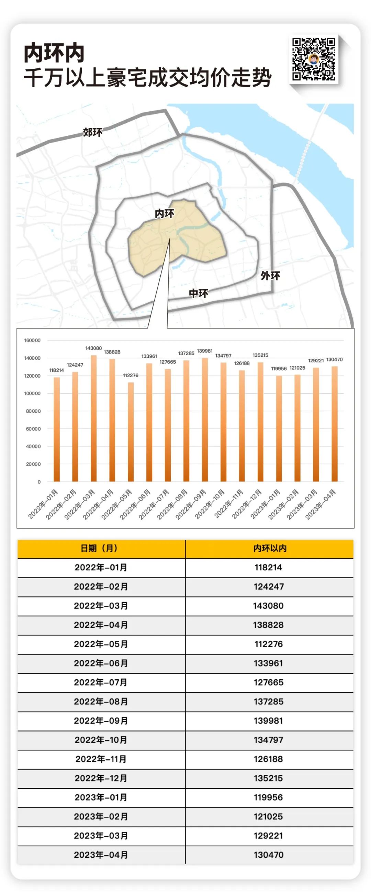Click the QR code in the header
pyautogui.click(x=313, y=59)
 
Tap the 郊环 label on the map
pyautogui.click(x=92, y=132)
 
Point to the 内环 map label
pyautogui.click(x=164, y=214)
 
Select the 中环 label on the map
pyautogui.click(x=198, y=294)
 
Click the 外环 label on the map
pyautogui.click(x=270, y=276)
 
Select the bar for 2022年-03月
pyautogui.click(x=94, y=418)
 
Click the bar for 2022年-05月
pyautogui.click(x=131, y=432)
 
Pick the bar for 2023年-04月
pyautogui.click(x=335, y=424)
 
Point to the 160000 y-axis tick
pyautogui.click(x=32, y=341)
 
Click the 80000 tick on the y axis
pyautogui.click(x=33, y=411)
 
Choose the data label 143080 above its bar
pyautogui.click(x=94, y=348)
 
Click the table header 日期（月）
pyautogui.click(x=99, y=548)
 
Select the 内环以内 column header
pyautogui.click(x=270, y=548)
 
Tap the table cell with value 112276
pyautogui.click(x=269, y=644)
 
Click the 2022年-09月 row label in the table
pyautogui.click(x=101, y=721)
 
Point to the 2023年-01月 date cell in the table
pyautogui.click(x=101, y=797)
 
